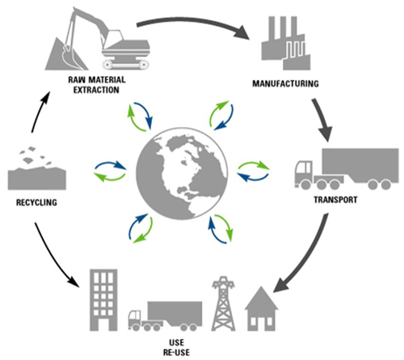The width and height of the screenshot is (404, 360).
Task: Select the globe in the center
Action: pyautogui.click(x=182, y=173)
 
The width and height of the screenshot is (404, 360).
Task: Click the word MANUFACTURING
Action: pyautogui.click(x=285, y=83)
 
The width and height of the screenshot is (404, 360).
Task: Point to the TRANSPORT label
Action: pyautogui.click(x=335, y=200)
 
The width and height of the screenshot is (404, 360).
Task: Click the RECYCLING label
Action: pyautogui.click(x=36, y=202)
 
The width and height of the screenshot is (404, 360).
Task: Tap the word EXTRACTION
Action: pyautogui.click(x=96, y=90)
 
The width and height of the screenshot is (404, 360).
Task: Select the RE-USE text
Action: pyautogui.click(x=176, y=352)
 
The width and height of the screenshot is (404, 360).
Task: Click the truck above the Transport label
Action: pyautogui.click(x=347, y=168)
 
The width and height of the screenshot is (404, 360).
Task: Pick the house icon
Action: pyautogui.click(x=261, y=310)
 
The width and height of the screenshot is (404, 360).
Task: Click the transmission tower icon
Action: pyautogui.click(x=223, y=303)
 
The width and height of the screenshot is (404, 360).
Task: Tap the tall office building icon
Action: pyautogui.click(x=103, y=300)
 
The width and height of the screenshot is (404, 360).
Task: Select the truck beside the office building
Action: pyautogui.click(x=165, y=316)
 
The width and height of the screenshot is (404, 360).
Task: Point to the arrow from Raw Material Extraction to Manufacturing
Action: pyautogui.click(x=193, y=21)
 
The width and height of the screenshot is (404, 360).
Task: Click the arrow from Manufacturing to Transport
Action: pyautogui.click(x=322, y=120)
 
